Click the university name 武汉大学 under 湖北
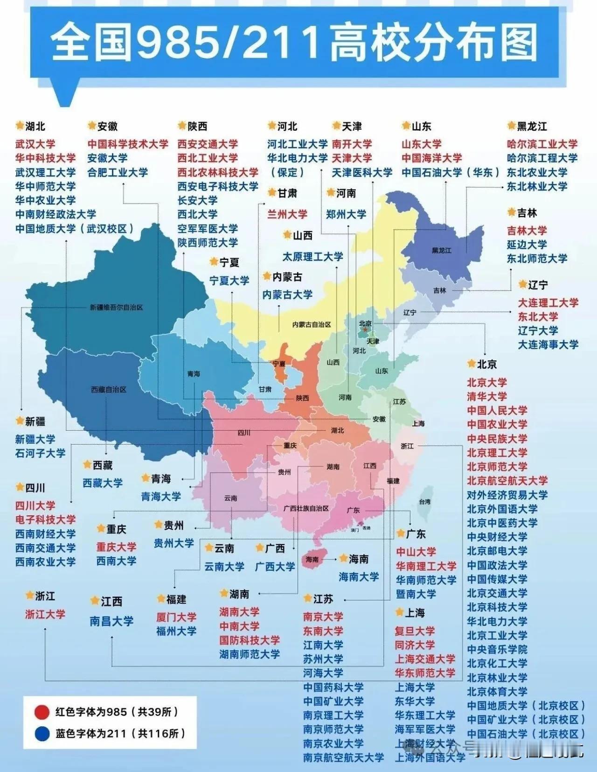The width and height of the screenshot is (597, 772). coord(35,144)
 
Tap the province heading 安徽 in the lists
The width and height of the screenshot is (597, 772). coord(107,126)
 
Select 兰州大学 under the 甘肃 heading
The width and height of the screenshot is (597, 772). coord(287,214)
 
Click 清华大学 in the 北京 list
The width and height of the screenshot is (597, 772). coord(486,396)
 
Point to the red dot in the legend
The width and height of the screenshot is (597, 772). coord(42,712)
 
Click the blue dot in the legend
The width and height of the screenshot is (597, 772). coord(42,734)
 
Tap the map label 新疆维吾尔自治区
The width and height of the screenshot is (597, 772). coord(116,308)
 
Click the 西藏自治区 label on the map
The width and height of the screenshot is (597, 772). coord(108,389)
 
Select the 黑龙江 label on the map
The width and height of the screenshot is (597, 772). coord(441,251)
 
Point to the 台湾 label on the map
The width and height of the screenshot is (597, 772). coord(424,502)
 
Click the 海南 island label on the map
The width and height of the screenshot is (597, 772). coord(312,559)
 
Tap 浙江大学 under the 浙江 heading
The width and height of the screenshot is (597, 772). coord(45,614)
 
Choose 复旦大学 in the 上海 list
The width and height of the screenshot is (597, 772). coord(415,631)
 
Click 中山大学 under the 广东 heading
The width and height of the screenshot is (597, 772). coord(416,552)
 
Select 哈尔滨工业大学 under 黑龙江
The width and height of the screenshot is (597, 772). coord(542,144)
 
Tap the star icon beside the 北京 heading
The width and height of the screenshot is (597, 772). coord(471,364)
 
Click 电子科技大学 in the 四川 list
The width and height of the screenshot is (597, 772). coord(45,519)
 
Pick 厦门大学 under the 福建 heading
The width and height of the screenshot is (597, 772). coord(176,617)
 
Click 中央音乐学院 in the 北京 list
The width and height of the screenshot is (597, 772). coord(497,649)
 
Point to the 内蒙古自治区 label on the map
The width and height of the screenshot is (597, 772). coord(312,324)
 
